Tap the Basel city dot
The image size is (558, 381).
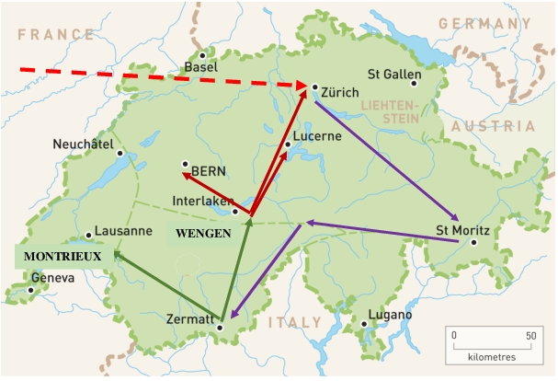tap(203, 54)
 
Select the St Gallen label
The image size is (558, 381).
tap(394, 74)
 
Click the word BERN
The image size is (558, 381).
tap(209, 170)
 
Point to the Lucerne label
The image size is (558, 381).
tap(317, 136)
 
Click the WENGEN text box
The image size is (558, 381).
tap(204, 234)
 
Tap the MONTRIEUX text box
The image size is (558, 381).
tap(62, 255)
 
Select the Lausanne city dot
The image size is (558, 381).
tap(89, 236)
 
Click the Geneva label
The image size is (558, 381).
tap(52, 278)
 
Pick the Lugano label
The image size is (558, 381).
tap(390, 316)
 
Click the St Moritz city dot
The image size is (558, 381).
tap(473, 243)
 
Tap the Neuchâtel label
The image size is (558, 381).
tap(83, 144)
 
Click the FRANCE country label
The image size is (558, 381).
tap(57, 35)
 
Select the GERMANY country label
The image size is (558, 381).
tap(484, 23)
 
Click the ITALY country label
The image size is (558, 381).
tap(295, 323)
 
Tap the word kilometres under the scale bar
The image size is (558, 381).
tap(492, 356)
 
